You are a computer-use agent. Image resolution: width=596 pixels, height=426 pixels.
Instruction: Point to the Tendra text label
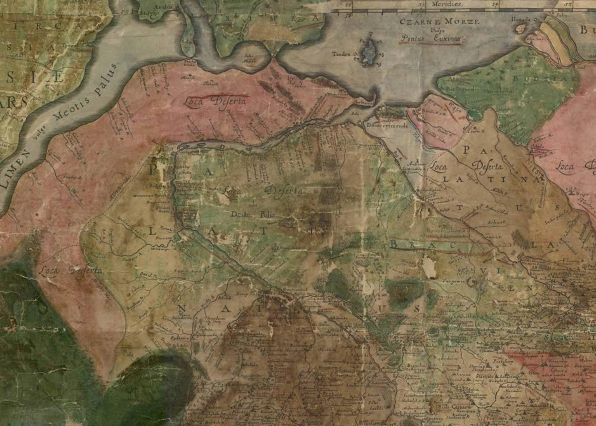(341, 54)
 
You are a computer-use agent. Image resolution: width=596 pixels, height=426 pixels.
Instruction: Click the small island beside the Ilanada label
(522, 29)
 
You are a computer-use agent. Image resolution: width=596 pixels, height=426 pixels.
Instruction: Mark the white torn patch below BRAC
(430, 268)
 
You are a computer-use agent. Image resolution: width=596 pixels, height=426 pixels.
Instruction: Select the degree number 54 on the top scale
(496, 3)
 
